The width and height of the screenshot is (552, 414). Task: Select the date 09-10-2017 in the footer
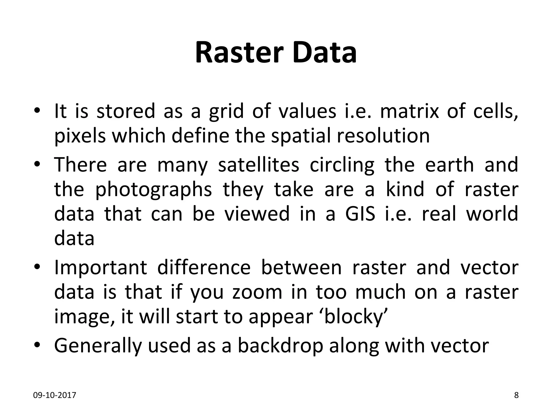pos(55,395)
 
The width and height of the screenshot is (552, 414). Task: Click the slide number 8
pos(516,395)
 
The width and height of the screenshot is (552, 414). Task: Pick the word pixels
pos(80,136)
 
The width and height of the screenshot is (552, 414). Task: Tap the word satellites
pos(258,165)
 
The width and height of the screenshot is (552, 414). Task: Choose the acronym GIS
pos(360,213)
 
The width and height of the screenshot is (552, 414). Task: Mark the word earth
pos(449,165)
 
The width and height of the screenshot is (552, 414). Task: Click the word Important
pos(101,268)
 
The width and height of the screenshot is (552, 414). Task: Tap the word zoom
pos(257,293)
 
